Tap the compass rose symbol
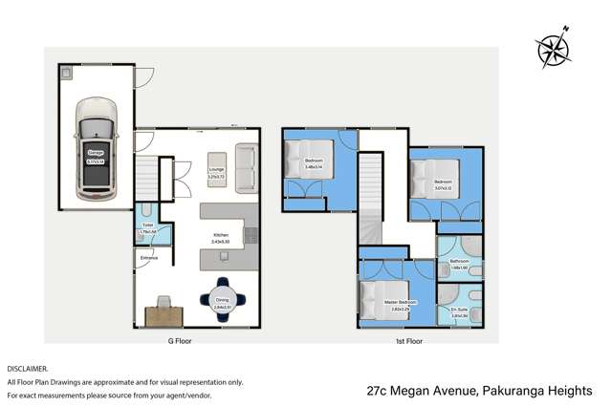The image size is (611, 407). (553, 48)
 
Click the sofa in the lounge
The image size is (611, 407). (246, 167)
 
